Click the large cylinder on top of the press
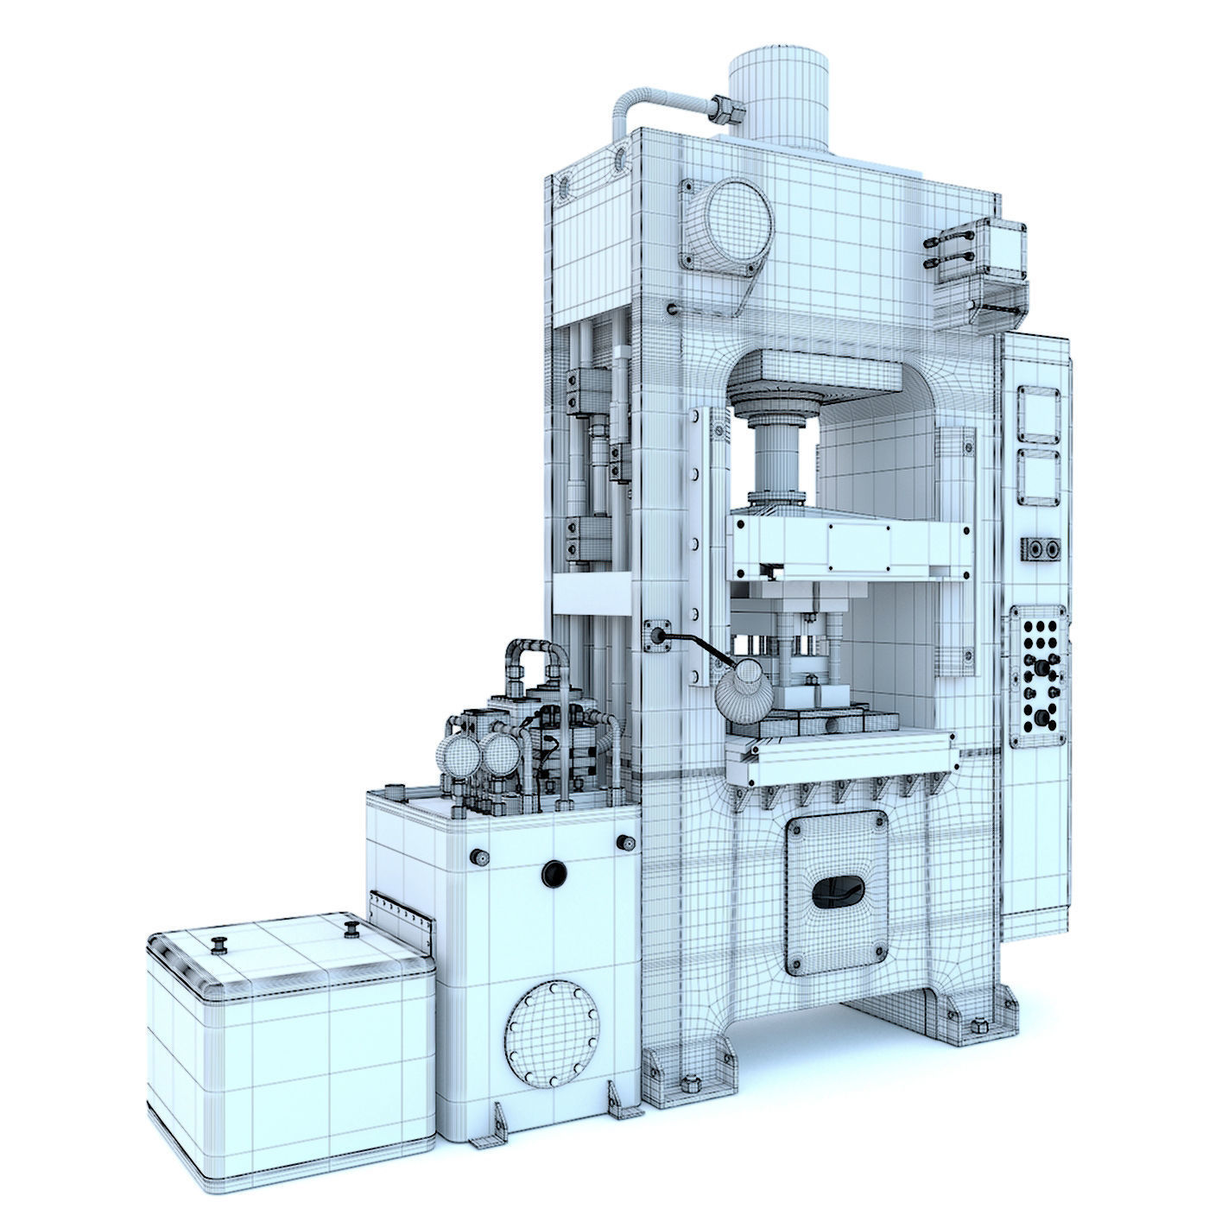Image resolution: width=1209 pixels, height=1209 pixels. pos(779,100)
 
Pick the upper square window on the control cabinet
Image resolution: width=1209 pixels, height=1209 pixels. pos(1038,414)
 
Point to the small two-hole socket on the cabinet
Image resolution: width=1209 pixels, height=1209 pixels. pos(1041,550)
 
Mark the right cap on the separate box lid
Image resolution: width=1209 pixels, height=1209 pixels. pos(351,927)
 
